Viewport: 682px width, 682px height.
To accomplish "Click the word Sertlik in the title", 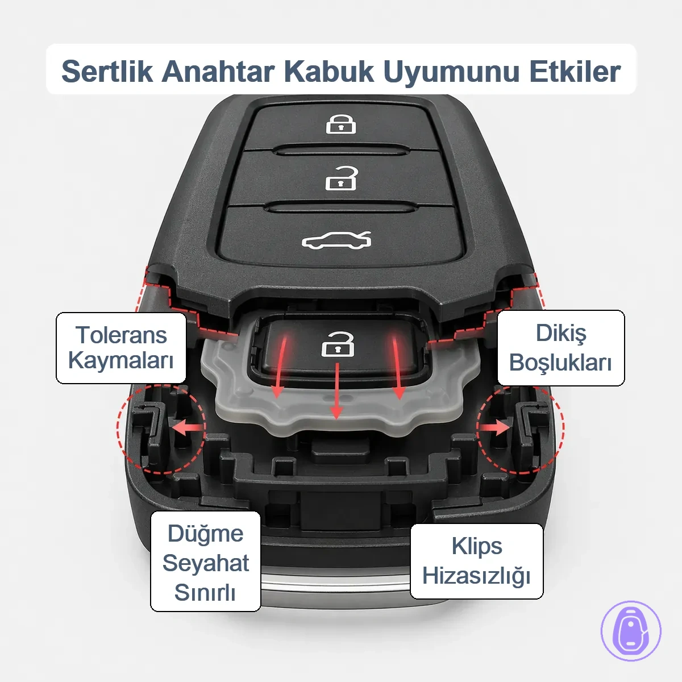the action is coord(107,71).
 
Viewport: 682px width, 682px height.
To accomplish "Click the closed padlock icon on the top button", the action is coord(341,124).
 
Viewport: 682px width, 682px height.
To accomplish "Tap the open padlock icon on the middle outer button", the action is coord(342,178).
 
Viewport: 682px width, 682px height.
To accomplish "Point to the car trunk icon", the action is coord(336,240).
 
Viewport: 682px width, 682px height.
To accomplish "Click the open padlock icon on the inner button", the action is coord(338,344).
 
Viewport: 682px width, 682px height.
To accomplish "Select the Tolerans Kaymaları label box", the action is coord(121,348).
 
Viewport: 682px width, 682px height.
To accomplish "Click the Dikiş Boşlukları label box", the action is coord(561,348).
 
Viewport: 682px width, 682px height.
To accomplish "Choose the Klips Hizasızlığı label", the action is coord(477,562).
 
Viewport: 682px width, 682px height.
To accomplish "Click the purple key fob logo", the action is coord(631,631).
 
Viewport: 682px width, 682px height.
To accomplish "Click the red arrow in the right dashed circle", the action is coord(494,427).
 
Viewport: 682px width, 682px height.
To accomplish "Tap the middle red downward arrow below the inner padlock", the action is coord(337,390).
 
